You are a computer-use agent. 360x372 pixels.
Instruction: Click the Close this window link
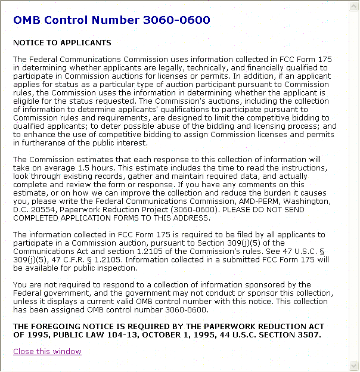[47, 351]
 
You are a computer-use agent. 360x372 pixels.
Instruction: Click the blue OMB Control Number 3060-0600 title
[111, 20]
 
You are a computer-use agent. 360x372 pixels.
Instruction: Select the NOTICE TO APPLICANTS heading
[62, 43]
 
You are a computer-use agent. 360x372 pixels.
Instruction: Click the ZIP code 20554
[44, 210]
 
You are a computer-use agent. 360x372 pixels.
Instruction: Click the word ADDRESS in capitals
[202, 218]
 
